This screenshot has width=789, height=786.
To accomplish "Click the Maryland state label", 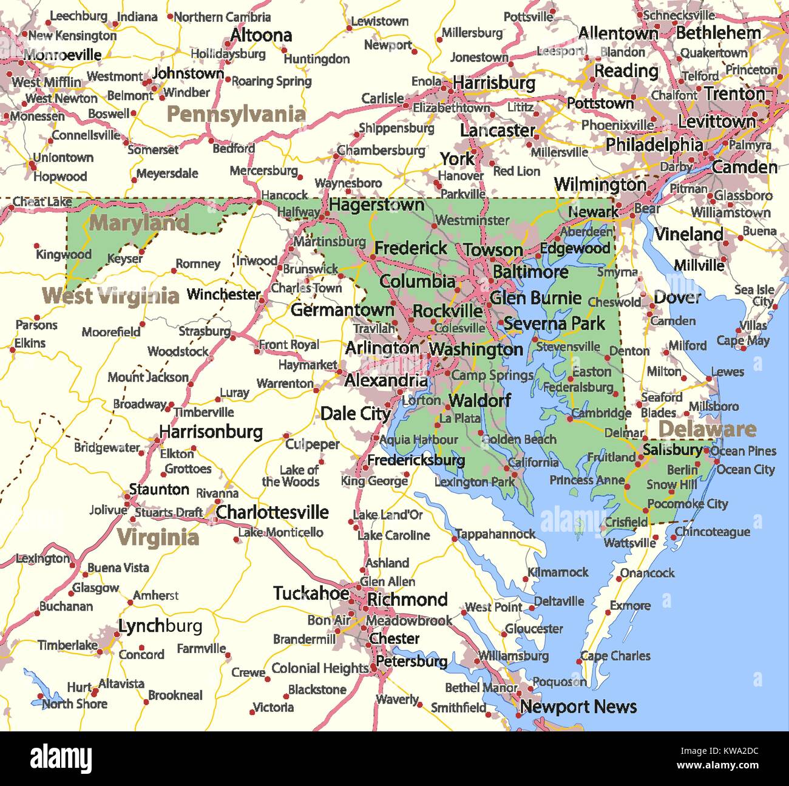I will tap(139, 223).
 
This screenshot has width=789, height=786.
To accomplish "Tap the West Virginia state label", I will tap(110, 296).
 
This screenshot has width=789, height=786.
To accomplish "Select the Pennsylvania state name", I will tap(236, 114).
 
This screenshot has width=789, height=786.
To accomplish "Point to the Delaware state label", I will tap(707, 429).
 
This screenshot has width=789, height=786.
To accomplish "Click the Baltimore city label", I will tap(530, 272).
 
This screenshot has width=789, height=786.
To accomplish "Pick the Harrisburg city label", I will tap(494, 83).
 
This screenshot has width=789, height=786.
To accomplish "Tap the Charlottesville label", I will tap(272, 512).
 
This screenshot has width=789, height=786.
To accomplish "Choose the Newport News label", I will tap(578, 706).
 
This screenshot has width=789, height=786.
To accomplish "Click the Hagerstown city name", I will tap(376, 205).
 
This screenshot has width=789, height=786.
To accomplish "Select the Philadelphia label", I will tap(654, 144).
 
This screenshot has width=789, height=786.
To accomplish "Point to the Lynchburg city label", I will tap(160, 626).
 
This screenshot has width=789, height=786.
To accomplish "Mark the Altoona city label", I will tap(261, 36).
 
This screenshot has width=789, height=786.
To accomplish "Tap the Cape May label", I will tap(743, 340).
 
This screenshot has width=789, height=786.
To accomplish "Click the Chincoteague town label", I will tap(713, 532).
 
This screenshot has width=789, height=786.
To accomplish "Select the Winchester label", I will tap(223, 294).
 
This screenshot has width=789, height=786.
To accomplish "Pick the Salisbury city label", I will tap(672, 450).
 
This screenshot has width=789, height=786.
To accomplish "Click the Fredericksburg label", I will tap(416, 460).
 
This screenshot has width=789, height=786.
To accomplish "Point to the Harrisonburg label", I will tap(211, 432).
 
